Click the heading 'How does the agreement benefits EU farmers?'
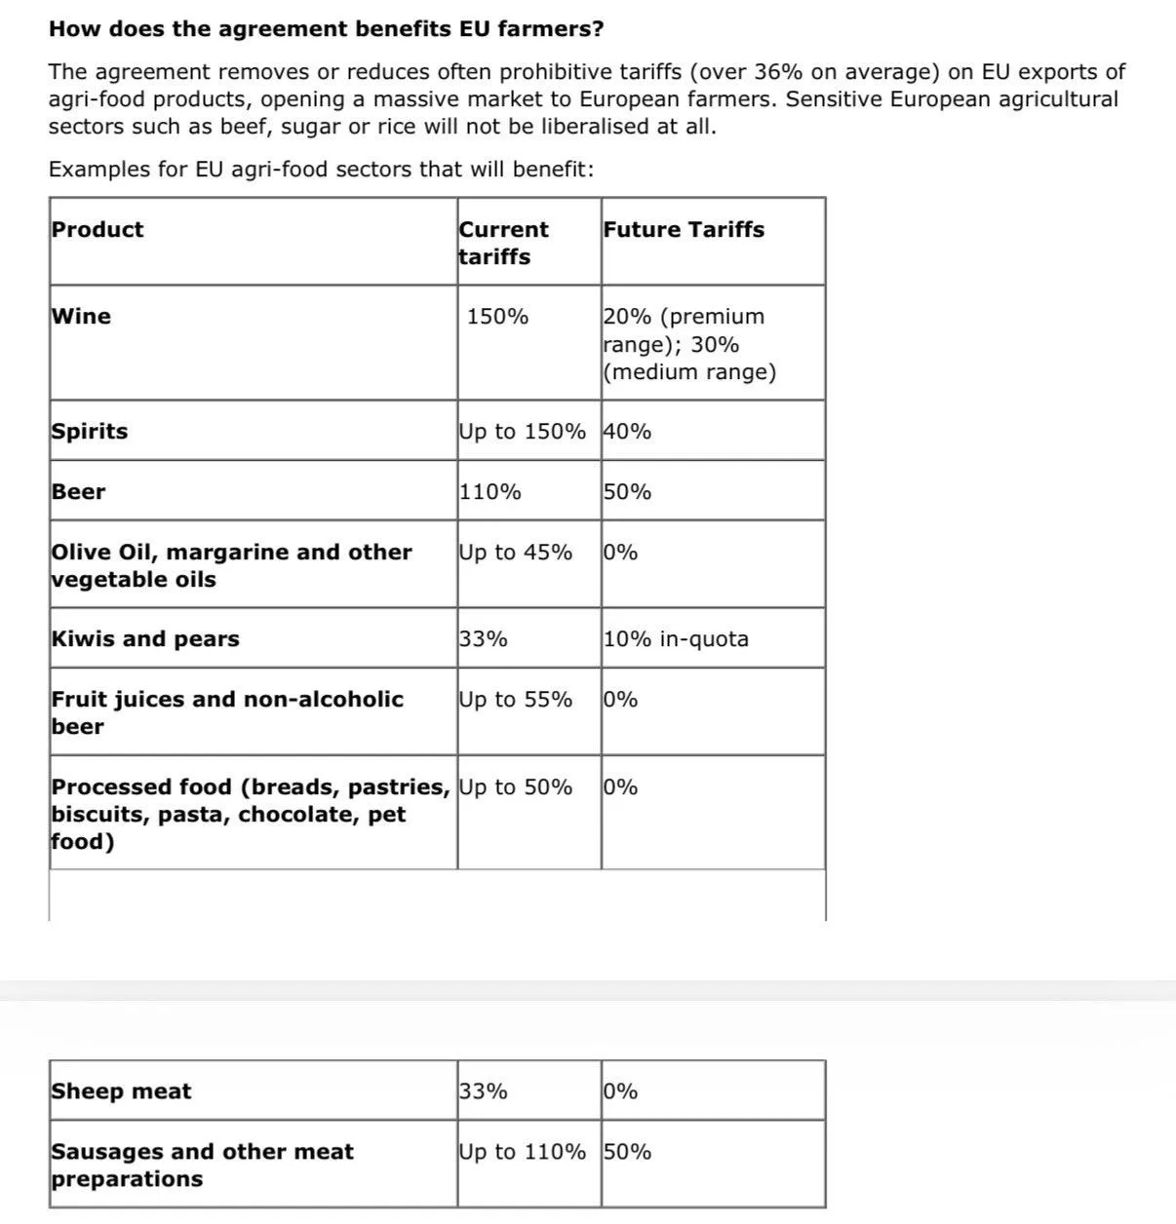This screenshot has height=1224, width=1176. [326, 29]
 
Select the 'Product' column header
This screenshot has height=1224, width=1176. [98, 230]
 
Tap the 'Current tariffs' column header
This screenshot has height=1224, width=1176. [503, 243]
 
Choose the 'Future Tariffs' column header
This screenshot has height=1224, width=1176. [684, 230]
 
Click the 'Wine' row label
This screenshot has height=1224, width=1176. [81, 317]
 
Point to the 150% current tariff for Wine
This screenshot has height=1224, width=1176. [497, 317]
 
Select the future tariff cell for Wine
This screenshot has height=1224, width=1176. [689, 344]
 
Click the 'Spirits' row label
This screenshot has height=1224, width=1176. [90, 432]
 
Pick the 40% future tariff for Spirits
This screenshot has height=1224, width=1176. [627, 432]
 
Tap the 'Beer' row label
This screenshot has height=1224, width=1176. [78, 492]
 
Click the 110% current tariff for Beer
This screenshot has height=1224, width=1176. [490, 492]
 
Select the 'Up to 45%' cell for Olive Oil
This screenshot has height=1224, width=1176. [516, 553]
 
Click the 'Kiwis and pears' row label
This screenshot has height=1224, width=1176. [145, 639]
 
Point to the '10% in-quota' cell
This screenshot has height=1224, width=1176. [676, 639]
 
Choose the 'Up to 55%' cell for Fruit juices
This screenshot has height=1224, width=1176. [516, 700]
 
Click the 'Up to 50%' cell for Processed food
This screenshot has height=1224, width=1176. [516, 787]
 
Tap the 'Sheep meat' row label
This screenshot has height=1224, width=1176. [121, 1091]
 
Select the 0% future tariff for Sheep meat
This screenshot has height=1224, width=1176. [620, 1091]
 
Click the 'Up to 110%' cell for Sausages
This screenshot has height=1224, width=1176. [523, 1152]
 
